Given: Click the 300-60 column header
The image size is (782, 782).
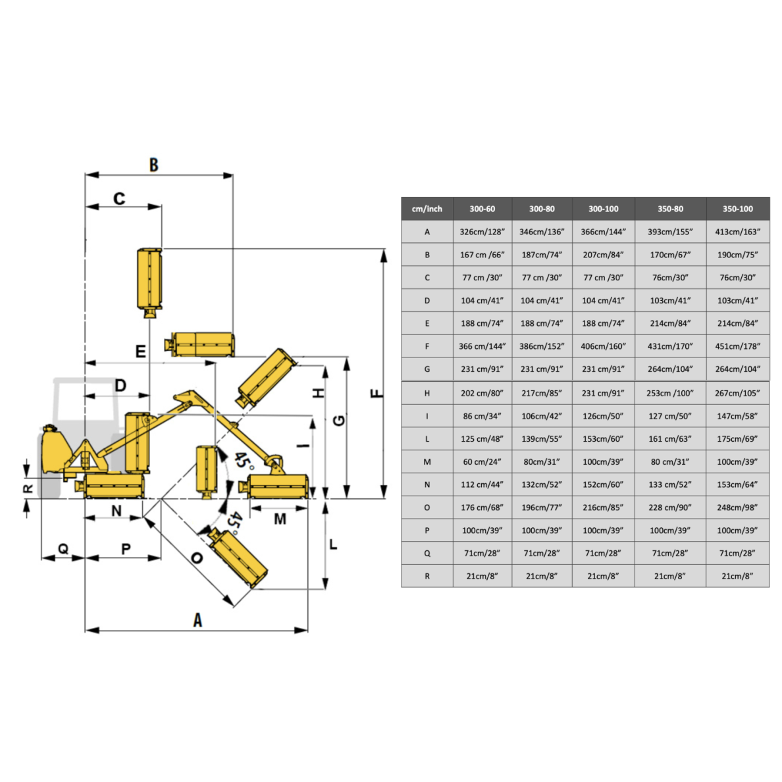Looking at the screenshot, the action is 482,209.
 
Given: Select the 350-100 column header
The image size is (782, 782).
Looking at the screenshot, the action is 738,209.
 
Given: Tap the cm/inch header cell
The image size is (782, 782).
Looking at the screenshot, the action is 427,209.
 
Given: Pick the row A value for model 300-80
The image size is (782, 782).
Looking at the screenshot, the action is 542,232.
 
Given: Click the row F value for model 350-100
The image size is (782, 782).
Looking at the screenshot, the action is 738,346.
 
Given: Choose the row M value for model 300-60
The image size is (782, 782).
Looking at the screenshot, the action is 482,462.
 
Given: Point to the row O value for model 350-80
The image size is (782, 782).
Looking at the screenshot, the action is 670,508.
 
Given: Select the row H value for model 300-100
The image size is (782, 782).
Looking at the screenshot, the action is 603,393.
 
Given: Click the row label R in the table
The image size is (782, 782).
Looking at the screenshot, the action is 427,576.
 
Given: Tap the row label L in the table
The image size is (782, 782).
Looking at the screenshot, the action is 427,439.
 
